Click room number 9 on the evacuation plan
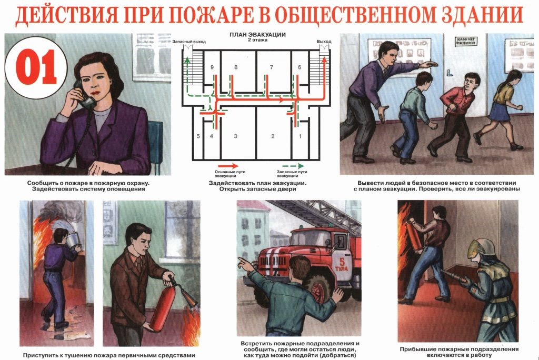pyautogui.click(x=211, y=67)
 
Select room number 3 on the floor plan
pyautogui.click(x=236, y=137)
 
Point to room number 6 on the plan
pyautogui.click(x=300, y=67)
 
